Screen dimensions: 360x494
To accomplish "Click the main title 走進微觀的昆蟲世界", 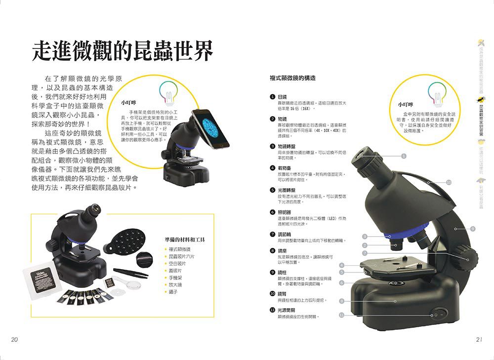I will point(122,50).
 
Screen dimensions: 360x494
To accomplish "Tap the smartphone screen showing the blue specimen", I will point(209,127).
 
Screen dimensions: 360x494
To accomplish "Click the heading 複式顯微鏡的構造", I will point(292,79).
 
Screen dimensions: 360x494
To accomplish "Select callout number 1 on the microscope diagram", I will point(404,157).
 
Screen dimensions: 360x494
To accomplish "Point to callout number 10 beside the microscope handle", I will point(449,183).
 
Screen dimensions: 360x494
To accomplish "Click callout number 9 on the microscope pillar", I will point(473,228).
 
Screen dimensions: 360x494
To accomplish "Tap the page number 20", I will point(14,340).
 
